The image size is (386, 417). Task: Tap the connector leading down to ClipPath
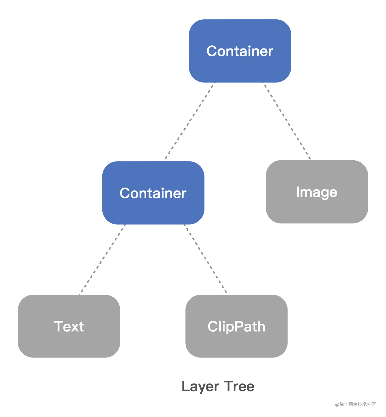point(207,259)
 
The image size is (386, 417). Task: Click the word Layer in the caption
point(200,387)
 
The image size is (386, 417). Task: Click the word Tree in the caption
point(239,387)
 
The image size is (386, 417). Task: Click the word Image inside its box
point(316,192)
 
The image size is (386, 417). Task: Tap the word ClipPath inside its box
point(236,327)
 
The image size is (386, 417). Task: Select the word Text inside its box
point(69,327)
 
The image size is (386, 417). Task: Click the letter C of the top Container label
point(212,51)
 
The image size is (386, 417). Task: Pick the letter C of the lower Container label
point(126,193)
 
